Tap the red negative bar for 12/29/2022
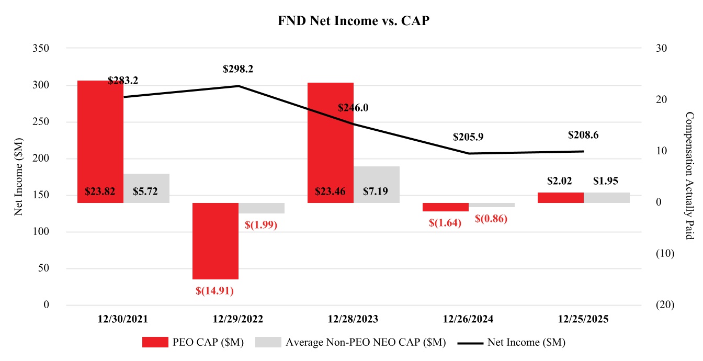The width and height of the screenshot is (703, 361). [x=216, y=241]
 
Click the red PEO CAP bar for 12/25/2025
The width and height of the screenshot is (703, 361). [x=561, y=197]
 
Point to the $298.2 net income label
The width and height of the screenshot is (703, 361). [x=238, y=69]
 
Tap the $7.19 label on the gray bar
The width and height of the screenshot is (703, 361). [x=377, y=191]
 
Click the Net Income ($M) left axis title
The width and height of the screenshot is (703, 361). [x=19, y=177]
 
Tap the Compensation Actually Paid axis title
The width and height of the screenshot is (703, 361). [x=689, y=176]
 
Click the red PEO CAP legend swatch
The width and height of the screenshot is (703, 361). [x=155, y=342]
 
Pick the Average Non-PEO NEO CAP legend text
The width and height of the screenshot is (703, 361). [x=366, y=342]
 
